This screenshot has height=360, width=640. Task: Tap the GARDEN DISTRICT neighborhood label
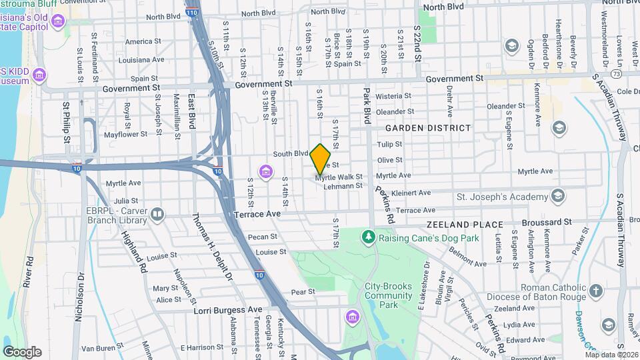[427, 127]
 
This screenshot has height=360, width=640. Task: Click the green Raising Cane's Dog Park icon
[368, 237]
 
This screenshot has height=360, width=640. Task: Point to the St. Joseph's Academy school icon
[558, 196]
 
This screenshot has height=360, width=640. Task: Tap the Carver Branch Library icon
[157, 214]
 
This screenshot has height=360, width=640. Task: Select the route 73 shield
[616, 73]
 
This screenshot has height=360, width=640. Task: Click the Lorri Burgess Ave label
[228, 310]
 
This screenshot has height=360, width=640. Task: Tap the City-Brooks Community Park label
[389, 295]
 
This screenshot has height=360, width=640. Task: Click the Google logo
[22, 352]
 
